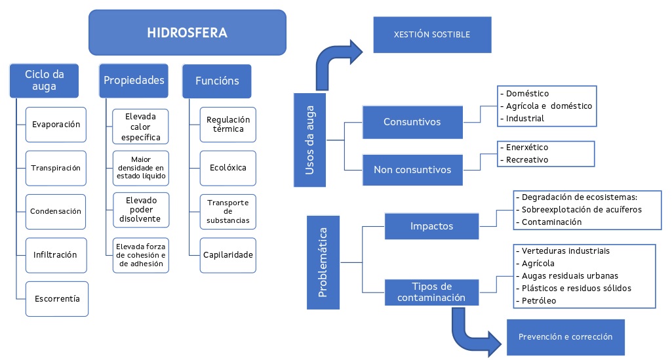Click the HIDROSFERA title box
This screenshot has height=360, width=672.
(x=188, y=32)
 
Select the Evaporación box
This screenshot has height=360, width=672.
(x=56, y=125)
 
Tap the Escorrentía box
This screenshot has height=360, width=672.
(x=56, y=298)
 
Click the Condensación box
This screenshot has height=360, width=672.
(x=56, y=211)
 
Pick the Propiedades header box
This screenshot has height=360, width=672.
(x=134, y=81)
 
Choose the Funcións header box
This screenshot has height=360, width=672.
(x=217, y=81)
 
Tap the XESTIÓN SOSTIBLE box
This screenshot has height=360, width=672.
(x=431, y=34)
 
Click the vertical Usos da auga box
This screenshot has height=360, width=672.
(x=309, y=140)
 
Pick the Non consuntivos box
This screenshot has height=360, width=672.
(x=412, y=169)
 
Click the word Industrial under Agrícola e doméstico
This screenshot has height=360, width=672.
(x=524, y=119)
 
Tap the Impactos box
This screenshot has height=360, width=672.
(x=431, y=226)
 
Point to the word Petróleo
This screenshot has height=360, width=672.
(x=538, y=300)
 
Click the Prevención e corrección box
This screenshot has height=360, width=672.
(x=565, y=337)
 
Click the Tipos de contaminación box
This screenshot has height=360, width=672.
(x=431, y=292)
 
